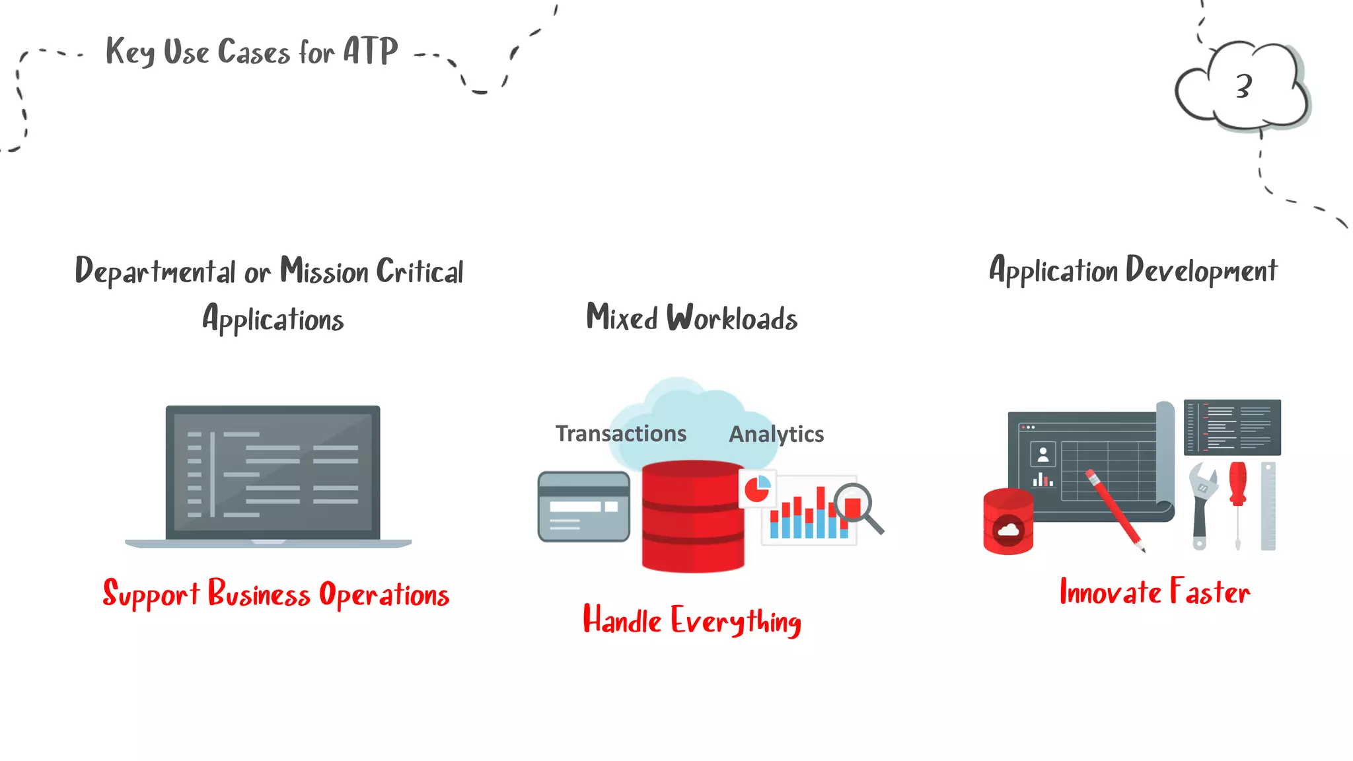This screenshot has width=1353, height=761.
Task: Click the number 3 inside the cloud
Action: tap(1243, 87)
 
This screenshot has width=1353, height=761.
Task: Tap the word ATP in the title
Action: tap(370, 52)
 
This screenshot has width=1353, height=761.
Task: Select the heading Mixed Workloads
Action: tap(692, 318)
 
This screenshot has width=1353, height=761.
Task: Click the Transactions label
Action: tap(620, 433)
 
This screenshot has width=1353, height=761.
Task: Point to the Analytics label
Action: tap(776, 434)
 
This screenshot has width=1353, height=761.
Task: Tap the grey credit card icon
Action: tap(583, 507)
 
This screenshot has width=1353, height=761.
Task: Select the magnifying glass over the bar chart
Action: tap(856, 506)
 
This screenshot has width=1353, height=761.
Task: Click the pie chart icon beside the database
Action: tap(757, 489)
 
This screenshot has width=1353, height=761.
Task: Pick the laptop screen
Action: tap(273, 472)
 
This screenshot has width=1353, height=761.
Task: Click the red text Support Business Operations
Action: tap(276, 594)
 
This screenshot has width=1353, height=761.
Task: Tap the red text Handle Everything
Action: tap(692, 621)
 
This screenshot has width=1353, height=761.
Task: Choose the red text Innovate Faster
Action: tap(1154, 592)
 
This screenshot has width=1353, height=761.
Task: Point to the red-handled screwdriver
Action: tap(1237, 502)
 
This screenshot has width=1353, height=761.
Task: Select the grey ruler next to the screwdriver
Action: tap(1268, 506)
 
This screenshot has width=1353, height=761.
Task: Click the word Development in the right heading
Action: tap(1201, 271)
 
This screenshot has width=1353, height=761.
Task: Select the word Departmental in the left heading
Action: tap(155, 272)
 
